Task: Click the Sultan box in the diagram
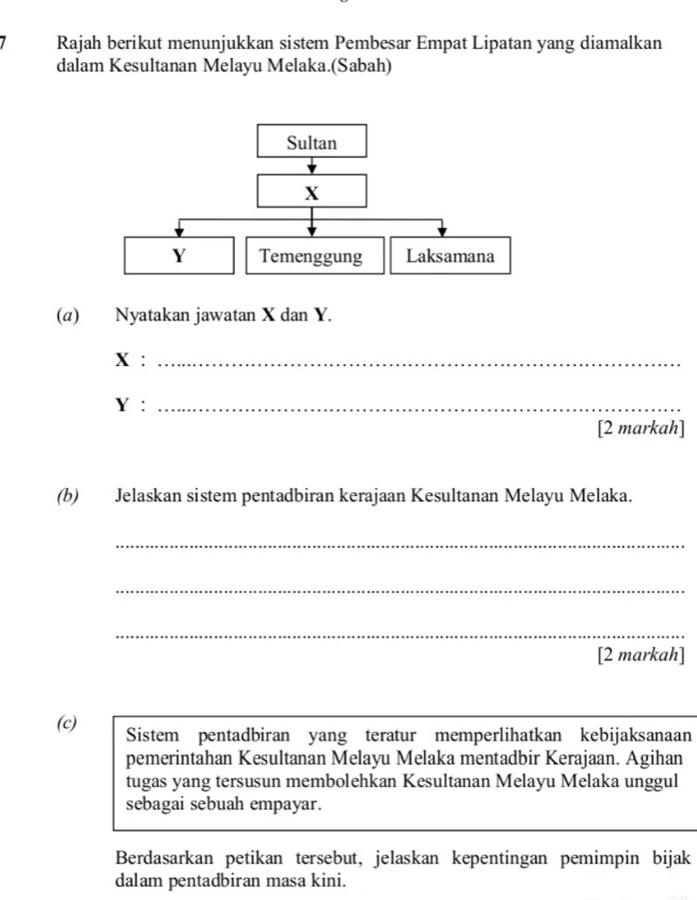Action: [312, 142]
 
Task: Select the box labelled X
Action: [312, 191]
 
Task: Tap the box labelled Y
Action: [179, 256]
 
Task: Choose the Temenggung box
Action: [311, 256]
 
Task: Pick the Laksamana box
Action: [450, 256]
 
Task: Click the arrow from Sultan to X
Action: [312, 166]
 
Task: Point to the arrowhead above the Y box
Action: [180, 231]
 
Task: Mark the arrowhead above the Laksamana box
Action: [442, 231]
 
